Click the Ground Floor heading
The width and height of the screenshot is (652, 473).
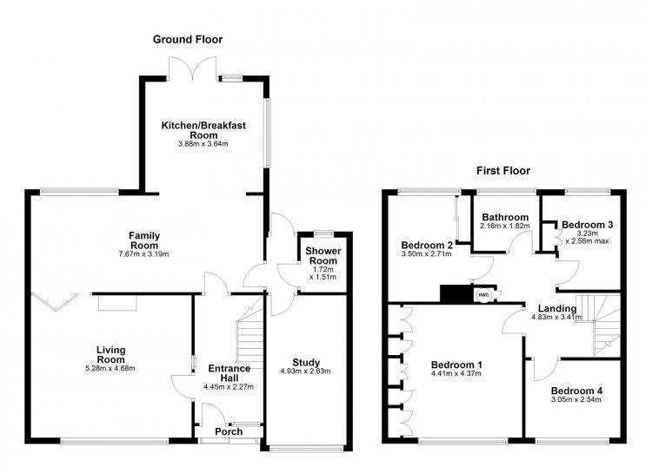tap(188, 39)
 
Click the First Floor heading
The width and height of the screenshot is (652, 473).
tap(503, 171)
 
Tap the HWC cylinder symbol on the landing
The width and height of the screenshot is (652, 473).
tap(483, 294)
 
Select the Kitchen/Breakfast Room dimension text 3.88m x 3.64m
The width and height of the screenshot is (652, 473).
tap(203, 144)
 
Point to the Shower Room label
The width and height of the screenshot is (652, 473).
tap(323, 256)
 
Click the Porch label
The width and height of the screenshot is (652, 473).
tap(229, 432)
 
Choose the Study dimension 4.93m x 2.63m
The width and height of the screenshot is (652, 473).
tap(306, 371)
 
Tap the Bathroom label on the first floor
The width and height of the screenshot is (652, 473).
tap(505, 217)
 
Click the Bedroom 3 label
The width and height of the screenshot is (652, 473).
tap(587, 225)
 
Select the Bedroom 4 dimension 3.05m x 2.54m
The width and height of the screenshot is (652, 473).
tap(576, 399)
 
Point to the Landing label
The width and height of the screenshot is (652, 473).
tap(557, 309)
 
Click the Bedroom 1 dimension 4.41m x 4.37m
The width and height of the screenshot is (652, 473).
tap(456, 373)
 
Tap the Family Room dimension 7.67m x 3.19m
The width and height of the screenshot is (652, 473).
tap(143, 253)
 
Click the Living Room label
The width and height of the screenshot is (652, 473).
tap(111, 355)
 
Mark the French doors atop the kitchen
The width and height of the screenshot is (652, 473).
tap(192, 68)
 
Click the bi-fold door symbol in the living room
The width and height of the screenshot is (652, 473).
tap(55, 302)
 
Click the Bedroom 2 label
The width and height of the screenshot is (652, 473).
tap(427, 245)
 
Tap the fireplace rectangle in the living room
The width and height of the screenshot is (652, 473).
tap(117, 303)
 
